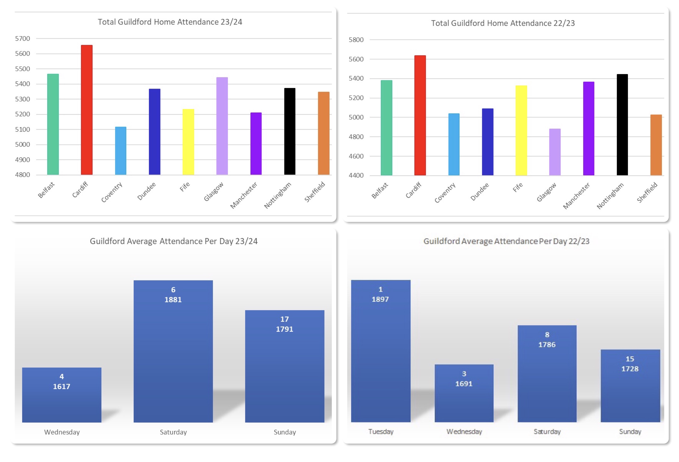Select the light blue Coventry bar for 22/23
click(x=454, y=144)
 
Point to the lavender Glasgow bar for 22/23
click(x=555, y=152)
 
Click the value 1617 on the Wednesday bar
click(x=61, y=386)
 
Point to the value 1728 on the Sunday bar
click(x=630, y=369)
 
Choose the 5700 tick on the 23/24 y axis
click(x=22, y=38)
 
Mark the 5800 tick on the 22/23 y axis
click(x=356, y=40)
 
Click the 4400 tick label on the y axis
click(x=356, y=175)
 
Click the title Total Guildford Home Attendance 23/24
click(x=170, y=22)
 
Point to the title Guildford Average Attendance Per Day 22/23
click(x=506, y=241)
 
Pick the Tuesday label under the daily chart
click(x=381, y=432)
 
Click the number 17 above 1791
click(x=284, y=319)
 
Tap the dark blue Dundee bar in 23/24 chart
click(x=155, y=132)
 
